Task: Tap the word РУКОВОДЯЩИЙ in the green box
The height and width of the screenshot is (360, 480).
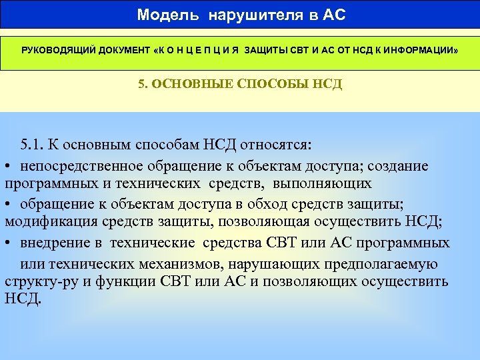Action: coord(58,51)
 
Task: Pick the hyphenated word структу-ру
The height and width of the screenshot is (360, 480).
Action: coord(39,281)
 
